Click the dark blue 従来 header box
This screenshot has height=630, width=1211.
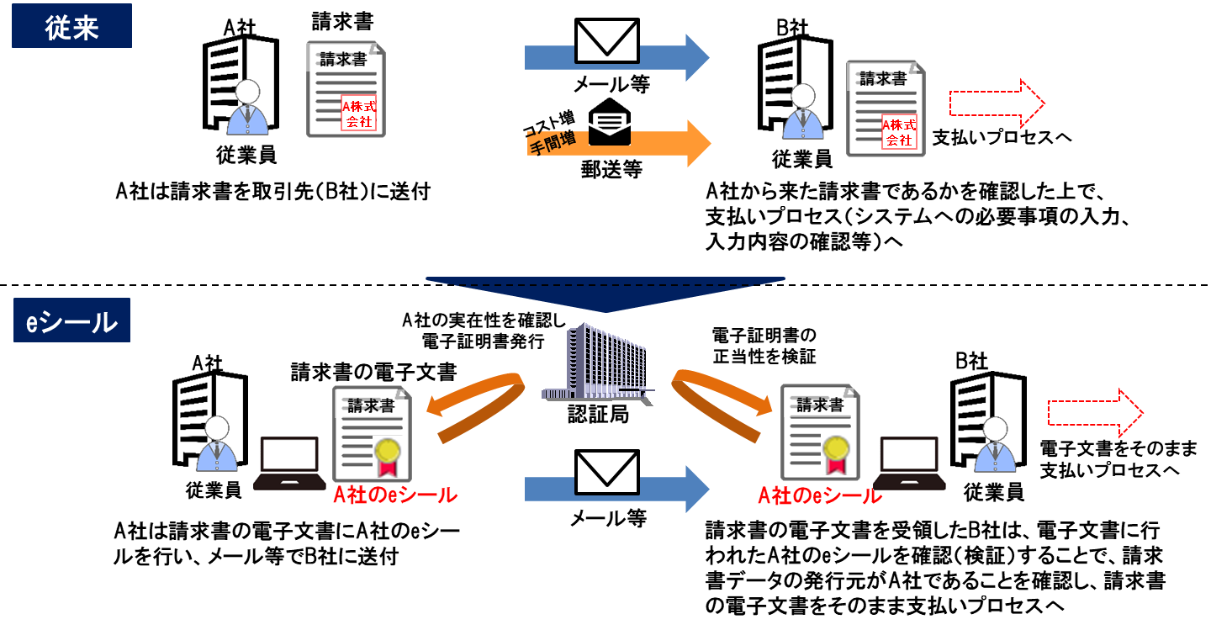(x=71, y=26)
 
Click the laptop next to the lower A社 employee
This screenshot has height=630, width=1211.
(x=289, y=463)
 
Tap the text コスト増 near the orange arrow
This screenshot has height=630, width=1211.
(x=547, y=124)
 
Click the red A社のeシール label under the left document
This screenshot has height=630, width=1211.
(x=394, y=495)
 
